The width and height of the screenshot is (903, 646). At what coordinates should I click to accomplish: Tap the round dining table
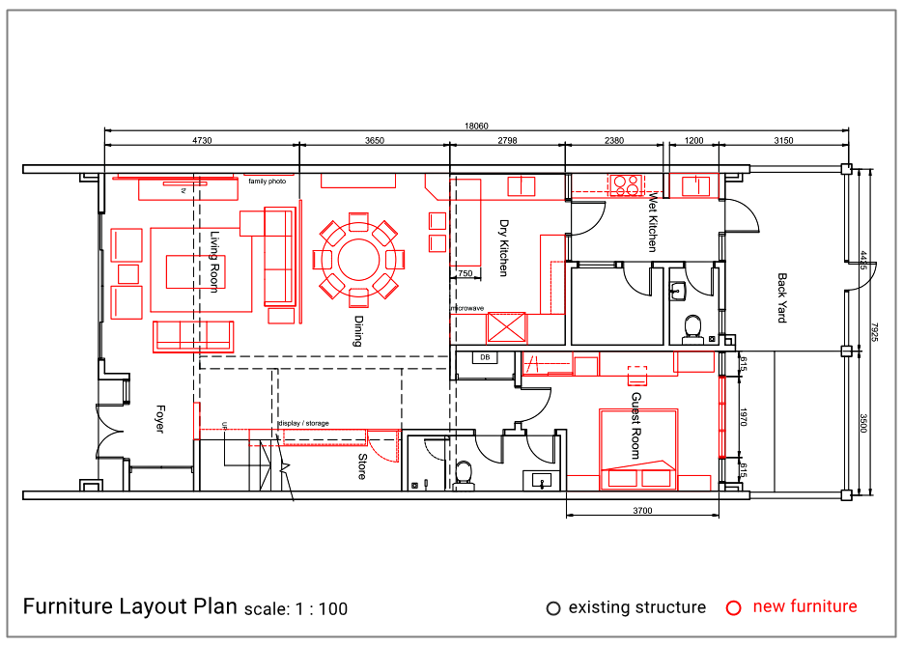pos(358,260)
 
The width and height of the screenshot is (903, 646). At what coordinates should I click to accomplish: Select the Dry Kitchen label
pos(502,247)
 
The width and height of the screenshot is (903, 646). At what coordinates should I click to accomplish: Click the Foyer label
pos(159,418)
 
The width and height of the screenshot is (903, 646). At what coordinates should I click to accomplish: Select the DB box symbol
pos(485,358)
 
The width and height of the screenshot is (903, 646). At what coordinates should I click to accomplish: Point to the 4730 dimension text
pos(202,140)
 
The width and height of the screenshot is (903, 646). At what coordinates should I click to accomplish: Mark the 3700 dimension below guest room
pos(643,511)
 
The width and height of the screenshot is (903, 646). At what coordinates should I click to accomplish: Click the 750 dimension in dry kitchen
pos(466,274)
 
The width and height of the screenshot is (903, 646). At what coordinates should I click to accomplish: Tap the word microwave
pos(466,308)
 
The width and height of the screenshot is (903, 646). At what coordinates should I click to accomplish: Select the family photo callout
pos(267,181)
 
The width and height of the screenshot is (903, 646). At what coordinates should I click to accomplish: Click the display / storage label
pos(303,423)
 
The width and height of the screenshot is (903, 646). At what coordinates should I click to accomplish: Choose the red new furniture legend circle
pos(734,607)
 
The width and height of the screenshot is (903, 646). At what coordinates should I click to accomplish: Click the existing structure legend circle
pos(553,608)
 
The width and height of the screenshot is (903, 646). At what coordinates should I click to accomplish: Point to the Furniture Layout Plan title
pos(129,606)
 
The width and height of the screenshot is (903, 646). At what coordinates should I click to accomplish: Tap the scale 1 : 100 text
pos(296,609)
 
